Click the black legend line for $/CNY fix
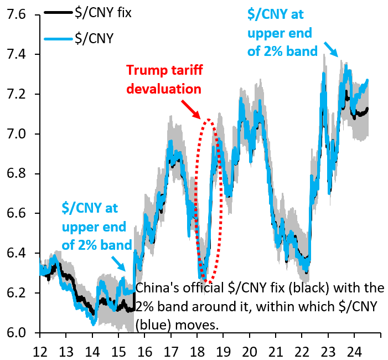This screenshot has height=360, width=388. [58, 13]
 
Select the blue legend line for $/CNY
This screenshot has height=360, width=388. [58, 39]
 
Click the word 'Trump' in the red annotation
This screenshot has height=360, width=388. [143, 71]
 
